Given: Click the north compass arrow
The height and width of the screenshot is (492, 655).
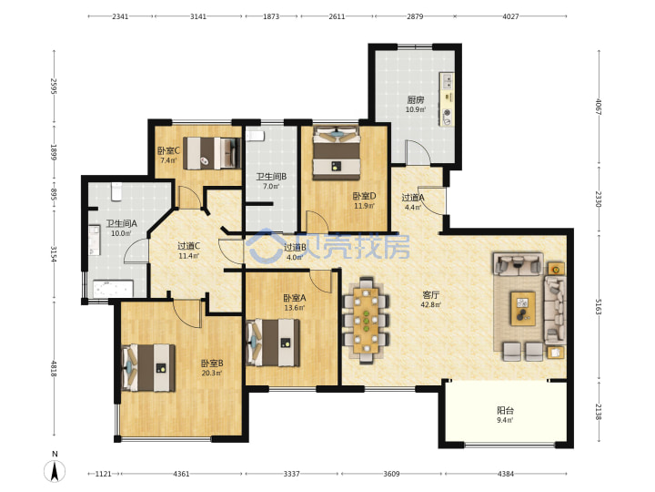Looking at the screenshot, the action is coord(55,471).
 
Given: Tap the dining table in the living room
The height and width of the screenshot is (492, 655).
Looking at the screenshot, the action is coord(366,320).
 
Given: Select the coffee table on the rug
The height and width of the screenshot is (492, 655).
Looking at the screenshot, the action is coord(522,308).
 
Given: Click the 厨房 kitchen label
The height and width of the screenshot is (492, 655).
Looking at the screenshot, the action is coord(416,99).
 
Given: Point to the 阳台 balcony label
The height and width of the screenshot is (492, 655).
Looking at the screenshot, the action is coord(505,410).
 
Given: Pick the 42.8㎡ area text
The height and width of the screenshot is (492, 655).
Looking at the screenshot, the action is coord(430,304).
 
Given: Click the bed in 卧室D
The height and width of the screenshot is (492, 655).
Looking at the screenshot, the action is coord(337,153).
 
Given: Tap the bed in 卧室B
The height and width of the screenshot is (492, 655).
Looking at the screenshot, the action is coord(148,368).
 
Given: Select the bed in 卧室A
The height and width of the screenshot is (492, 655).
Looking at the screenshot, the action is coord(273,343).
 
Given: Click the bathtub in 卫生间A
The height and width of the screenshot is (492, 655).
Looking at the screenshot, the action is coord(113,289).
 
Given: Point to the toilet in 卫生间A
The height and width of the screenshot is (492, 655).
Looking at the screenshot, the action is coord(116,191).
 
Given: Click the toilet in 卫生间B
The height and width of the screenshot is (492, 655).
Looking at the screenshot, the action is coord(255,136).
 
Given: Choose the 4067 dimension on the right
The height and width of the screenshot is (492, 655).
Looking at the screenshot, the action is coord(598,108).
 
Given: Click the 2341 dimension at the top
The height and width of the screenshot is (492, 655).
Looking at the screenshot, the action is coord(120,16).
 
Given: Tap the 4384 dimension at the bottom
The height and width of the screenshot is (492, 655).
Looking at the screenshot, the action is coord(506,474).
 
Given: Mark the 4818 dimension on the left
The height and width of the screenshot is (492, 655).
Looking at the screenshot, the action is coord(54,368).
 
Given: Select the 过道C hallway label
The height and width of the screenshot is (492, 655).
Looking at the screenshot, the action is coord(189,246).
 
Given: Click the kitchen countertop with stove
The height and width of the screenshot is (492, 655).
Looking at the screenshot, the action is coord(446,99).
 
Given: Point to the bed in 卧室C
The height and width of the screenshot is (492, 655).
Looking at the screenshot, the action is coord(212,154).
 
